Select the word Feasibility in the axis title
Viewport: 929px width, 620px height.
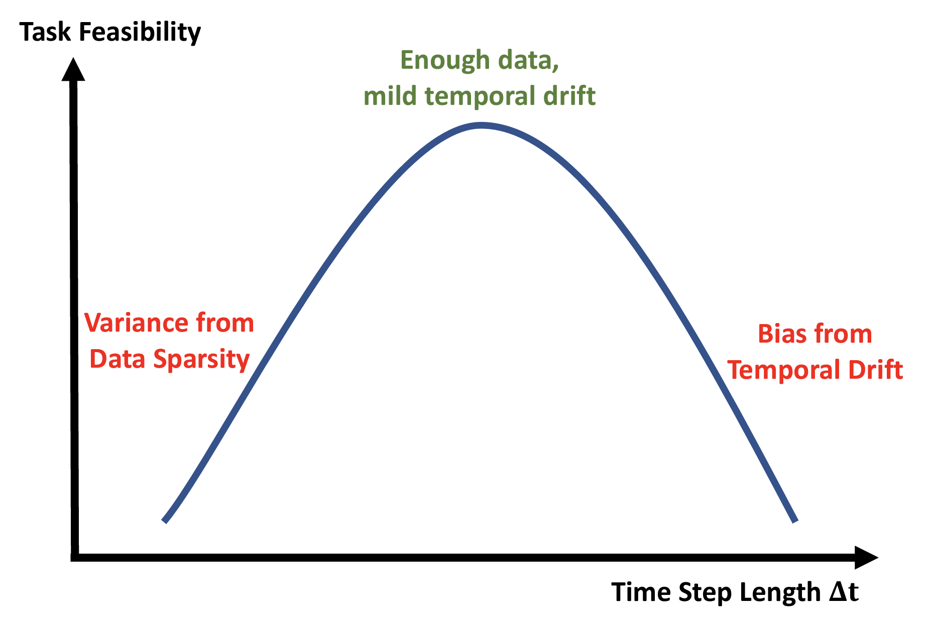(x=140, y=33)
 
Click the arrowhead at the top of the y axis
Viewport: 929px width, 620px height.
(x=73, y=69)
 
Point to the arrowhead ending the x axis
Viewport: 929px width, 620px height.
(x=866, y=557)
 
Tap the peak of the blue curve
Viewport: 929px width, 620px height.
(x=481, y=125)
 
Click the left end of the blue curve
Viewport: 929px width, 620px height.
(x=164, y=521)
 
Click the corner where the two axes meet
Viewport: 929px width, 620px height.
(x=75, y=557)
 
